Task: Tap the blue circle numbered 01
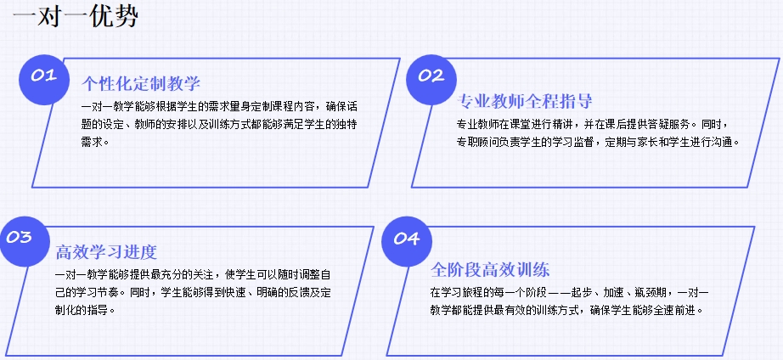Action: click(44, 80)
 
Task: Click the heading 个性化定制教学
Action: click(141, 83)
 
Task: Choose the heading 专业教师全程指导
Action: click(525, 101)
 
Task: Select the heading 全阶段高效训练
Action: click(490, 270)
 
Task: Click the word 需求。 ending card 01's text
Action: click(95, 142)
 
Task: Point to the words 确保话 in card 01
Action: click(341, 107)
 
